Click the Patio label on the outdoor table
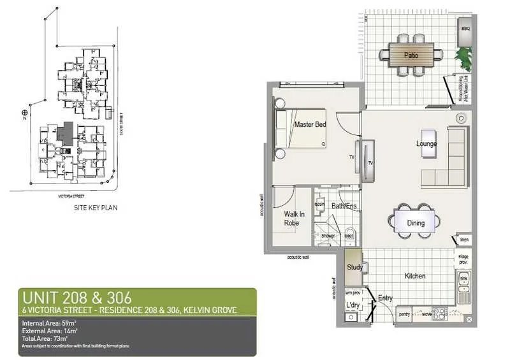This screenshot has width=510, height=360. tap(412, 55)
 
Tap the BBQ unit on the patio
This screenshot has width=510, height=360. tap(465, 29)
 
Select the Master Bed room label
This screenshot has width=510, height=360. tap(310, 125)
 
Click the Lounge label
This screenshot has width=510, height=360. tap(426, 144)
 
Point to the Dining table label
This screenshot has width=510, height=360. tap(412, 223)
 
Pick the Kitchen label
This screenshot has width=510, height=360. tap(415, 277)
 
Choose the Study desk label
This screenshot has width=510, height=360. tap(354, 268)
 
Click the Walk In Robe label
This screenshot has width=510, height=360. tap(294, 219)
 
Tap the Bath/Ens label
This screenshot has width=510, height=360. tap(344, 206)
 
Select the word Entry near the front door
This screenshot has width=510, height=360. tap(386, 298)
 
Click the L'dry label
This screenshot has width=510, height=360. tap(353, 306)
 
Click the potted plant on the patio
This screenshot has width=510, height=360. tap(465, 59)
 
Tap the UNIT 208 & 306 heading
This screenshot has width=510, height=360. tap(76, 298)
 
